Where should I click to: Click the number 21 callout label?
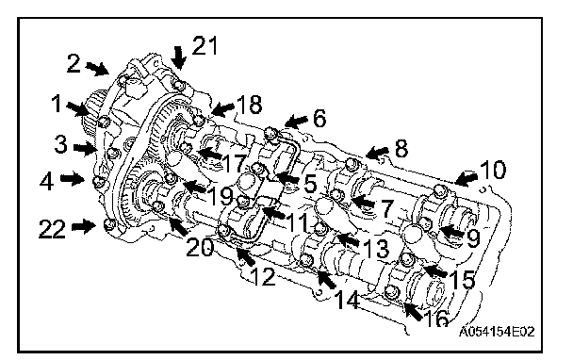205,45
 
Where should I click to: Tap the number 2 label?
74,62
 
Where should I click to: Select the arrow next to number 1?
76,108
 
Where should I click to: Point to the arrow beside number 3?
84,148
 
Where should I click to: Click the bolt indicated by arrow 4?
99,181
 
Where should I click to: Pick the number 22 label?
52,229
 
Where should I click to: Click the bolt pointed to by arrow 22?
110,223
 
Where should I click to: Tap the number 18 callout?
250,105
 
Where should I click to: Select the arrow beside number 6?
296,122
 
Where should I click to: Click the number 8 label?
401,149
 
